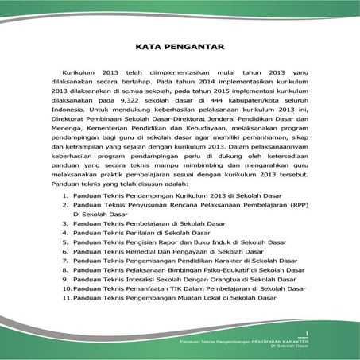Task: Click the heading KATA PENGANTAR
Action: point(179,46)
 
